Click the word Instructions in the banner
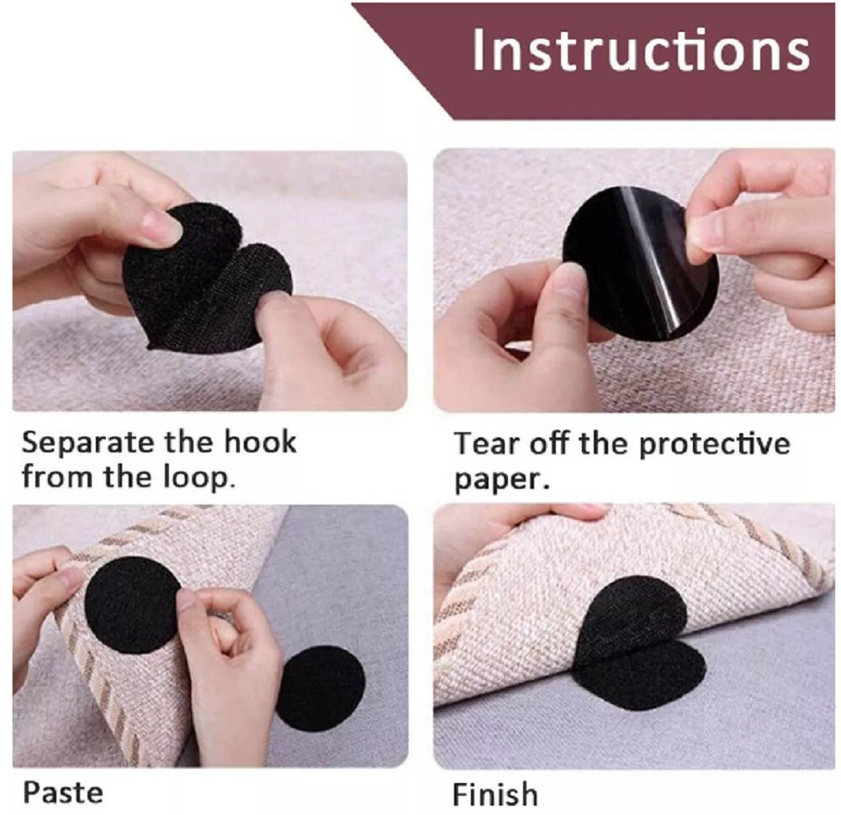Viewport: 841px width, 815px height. tap(640, 50)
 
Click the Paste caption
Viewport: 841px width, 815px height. tap(62, 791)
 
